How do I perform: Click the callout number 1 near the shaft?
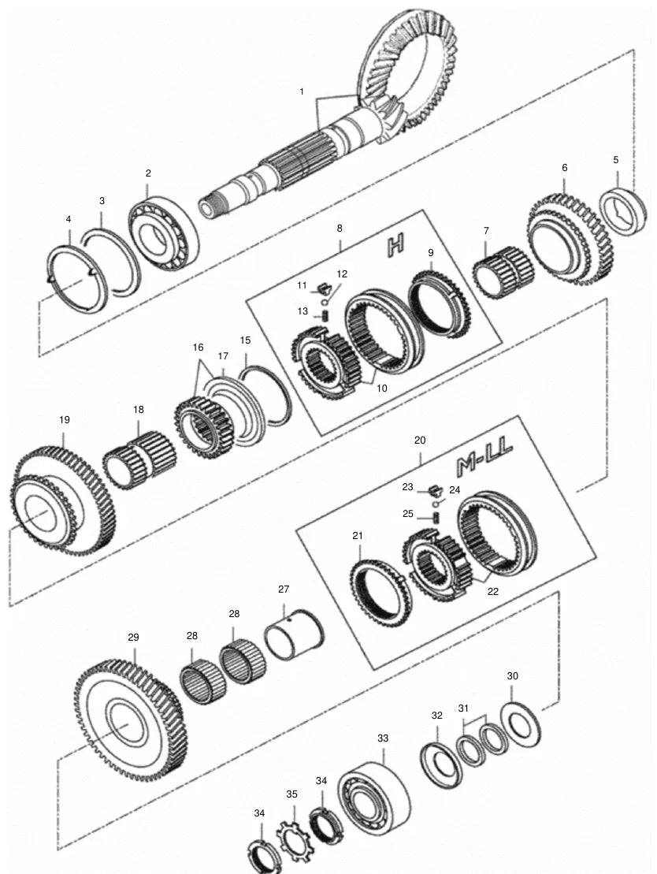point(302,91)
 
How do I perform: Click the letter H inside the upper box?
point(395,245)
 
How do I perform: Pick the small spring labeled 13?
point(323,315)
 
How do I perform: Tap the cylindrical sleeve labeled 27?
point(295,634)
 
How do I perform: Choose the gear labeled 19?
point(63,504)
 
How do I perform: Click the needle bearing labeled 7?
point(503,273)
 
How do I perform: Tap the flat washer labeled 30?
point(521,723)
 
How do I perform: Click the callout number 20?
point(420,441)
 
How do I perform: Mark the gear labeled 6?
point(570,239)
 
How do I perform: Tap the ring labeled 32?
point(441,765)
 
